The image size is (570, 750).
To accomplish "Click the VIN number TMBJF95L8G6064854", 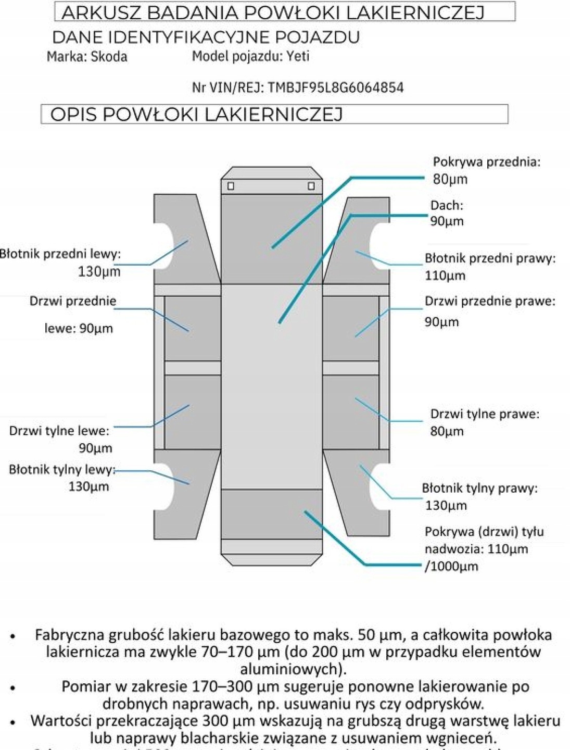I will pyautogui.click(x=336, y=87).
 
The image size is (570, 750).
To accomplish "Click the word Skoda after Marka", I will pyautogui.click(x=109, y=56).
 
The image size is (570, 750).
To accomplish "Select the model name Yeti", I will pyautogui.click(x=298, y=56).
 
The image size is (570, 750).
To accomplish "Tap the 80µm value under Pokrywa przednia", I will pyautogui.click(x=450, y=179).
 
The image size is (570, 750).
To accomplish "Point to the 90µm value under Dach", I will pyautogui.click(x=447, y=221).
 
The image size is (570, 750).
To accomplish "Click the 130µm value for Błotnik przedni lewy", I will pyautogui.click(x=99, y=271).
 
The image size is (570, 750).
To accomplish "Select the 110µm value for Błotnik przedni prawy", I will pyautogui.click(x=445, y=276).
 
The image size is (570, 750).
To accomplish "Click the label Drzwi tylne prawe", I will pyautogui.click(x=484, y=414).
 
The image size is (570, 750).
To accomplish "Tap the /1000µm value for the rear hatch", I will pyautogui.click(x=451, y=566).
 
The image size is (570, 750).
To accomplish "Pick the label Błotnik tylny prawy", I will pyautogui.click(x=479, y=488).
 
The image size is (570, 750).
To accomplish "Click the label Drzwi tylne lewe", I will pyautogui.click(x=59, y=431).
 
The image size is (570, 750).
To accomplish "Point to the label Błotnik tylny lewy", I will pyautogui.click(x=61, y=469).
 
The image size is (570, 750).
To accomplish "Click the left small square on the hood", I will pyautogui.click(x=231, y=186).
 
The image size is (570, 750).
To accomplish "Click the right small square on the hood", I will pyautogui.click(x=311, y=186).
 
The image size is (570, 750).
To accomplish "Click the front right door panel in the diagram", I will pyautogui.click(x=350, y=328).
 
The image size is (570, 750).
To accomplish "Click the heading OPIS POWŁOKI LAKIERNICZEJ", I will pyautogui.click(x=196, y=115).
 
